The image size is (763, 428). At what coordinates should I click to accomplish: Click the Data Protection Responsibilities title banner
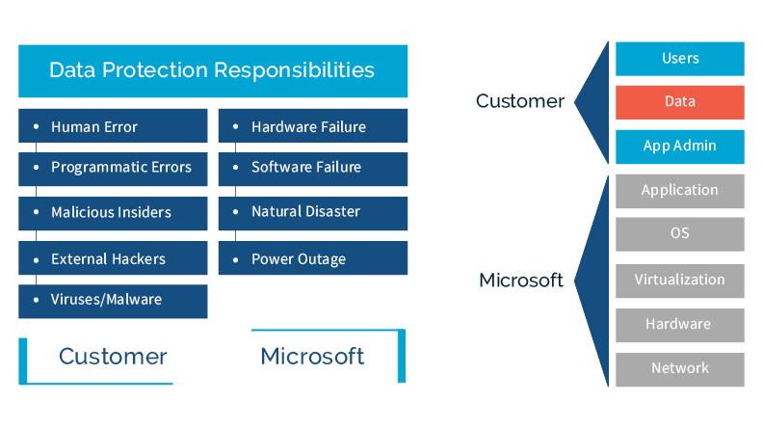pos(212,70)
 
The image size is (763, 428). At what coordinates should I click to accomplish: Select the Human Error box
pos(113,126)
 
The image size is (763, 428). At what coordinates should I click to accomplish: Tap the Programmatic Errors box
pos(113,168)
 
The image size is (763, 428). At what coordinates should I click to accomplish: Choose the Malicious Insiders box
pos(113,212)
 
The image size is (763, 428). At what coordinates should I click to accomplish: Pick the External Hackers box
pos(113,258)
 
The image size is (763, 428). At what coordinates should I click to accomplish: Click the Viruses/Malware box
pos(113,300)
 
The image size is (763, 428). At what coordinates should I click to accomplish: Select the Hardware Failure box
pos(312,126)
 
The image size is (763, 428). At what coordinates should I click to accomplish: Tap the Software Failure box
pos(312,168)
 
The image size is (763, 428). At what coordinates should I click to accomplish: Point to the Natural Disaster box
pos(312,212)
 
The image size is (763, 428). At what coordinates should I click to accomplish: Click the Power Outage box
pos(312,258)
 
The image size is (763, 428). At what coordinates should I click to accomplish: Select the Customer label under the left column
pos(113,357)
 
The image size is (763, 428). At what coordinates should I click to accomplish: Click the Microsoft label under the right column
pos(312,357)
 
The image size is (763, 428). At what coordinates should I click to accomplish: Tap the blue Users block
pos(679,59)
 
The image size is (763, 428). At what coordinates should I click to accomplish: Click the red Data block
pos(679,102)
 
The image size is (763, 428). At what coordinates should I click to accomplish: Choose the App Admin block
pos(679,147)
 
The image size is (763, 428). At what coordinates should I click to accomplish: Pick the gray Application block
pos(679,191)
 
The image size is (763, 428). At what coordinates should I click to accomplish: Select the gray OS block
pos(679,234)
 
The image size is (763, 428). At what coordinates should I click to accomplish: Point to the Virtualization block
pos(679,280)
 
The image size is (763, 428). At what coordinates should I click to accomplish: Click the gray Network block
pos(679,368)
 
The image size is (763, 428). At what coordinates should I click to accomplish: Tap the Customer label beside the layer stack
pos(520,101)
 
